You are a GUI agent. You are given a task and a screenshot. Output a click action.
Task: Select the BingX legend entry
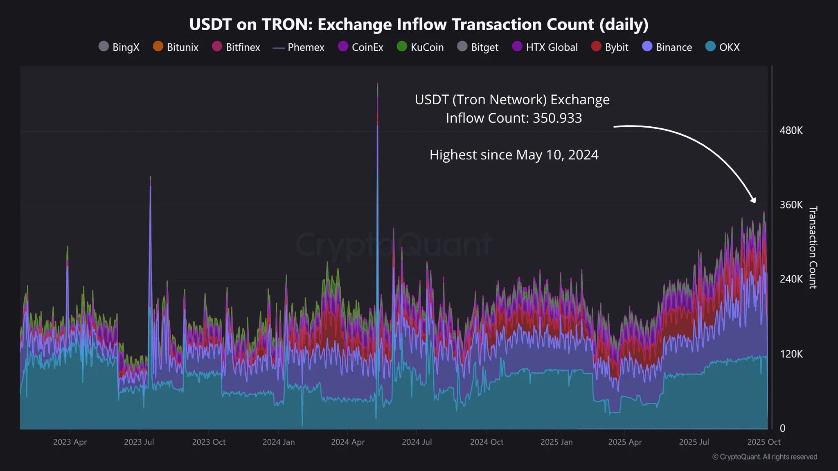[119, 47]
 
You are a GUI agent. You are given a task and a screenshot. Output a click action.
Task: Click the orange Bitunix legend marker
[158, 46]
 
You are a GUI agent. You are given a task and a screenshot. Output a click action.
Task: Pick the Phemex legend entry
[298, 47]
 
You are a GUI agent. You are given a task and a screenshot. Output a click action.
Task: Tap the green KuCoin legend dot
[402, 46]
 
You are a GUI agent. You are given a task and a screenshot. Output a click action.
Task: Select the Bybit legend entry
[610, 47]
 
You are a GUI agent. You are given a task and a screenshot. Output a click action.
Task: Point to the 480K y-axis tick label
[791, 130]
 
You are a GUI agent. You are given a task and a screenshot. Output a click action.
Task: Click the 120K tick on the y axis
[791, 354]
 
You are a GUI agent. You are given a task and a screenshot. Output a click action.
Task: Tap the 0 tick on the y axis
[782, 428]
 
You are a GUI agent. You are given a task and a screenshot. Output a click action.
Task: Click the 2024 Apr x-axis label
[347, 442]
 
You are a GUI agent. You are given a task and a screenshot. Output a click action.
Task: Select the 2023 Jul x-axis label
[139, 442]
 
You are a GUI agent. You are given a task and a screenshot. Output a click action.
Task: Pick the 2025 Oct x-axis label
[764, 442]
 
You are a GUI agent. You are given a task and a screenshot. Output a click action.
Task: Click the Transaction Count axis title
[813, 247]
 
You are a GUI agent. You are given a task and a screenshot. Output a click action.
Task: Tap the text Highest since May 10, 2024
[514, 155]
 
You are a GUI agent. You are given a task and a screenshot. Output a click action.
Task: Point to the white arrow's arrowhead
[753, 200]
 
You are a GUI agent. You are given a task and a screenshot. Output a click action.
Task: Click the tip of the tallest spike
[377, 84]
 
